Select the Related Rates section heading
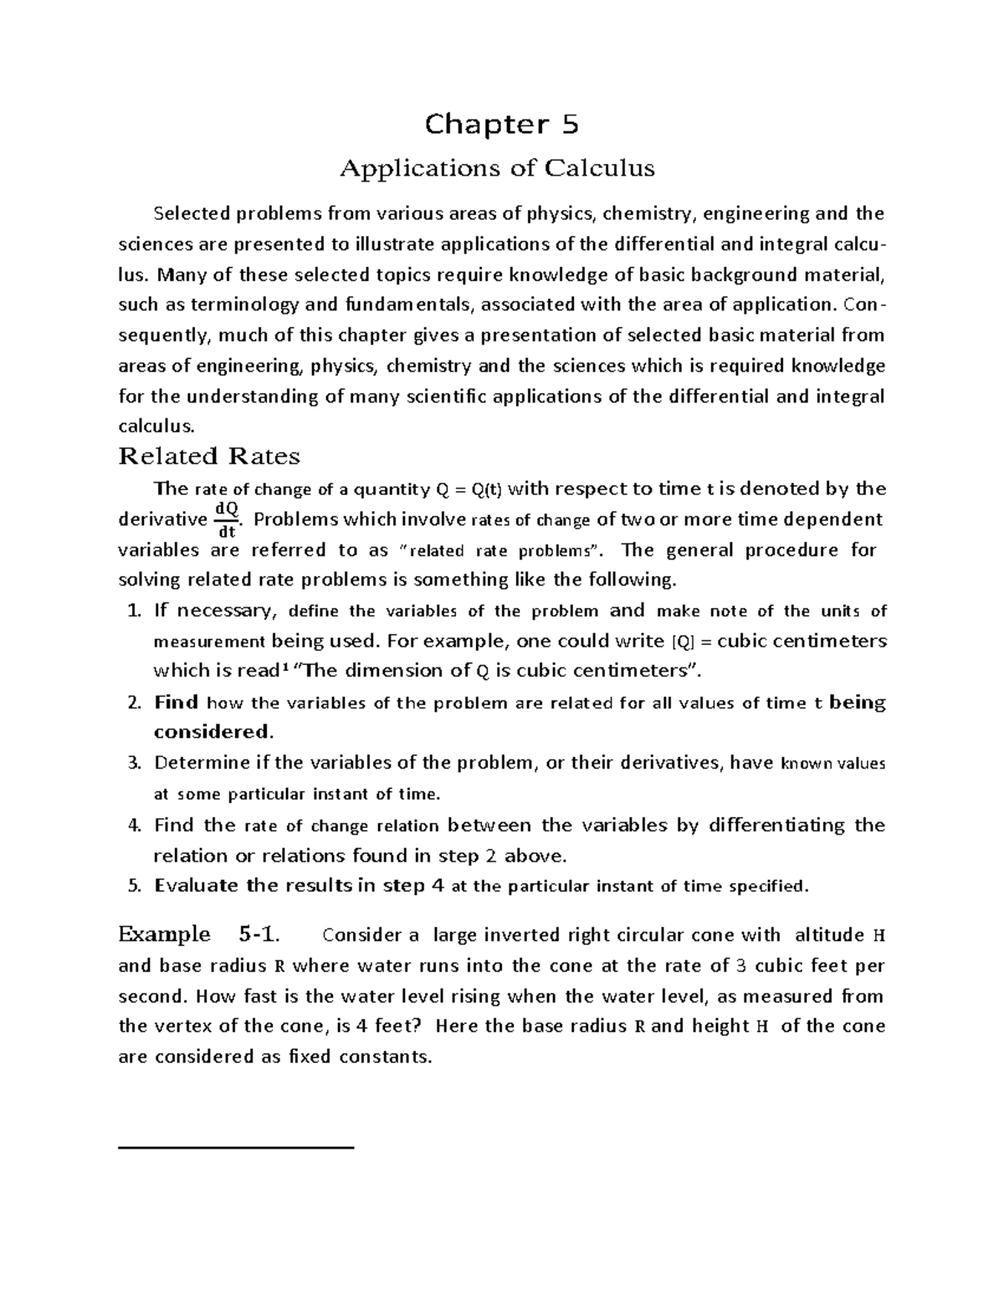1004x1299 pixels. coord(209,457)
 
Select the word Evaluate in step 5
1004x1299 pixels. coord(197,887)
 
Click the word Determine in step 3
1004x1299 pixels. coord(202,764)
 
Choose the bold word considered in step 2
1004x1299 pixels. coord(213,733)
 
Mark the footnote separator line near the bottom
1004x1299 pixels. coord(237,1148)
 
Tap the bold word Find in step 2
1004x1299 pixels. coord(176,703)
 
